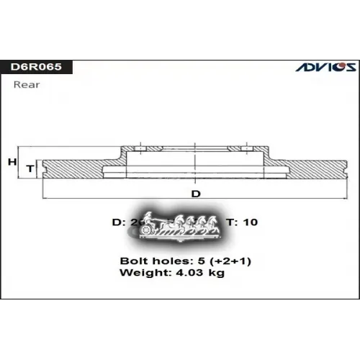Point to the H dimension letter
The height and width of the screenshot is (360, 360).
click(12, 162)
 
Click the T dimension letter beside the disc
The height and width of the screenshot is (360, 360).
click(30, 168)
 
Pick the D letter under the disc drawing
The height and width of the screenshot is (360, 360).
click(195, 194)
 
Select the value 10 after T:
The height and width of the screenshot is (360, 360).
click(250, 222)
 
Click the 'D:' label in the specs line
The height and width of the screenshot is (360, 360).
click(118, 222)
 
